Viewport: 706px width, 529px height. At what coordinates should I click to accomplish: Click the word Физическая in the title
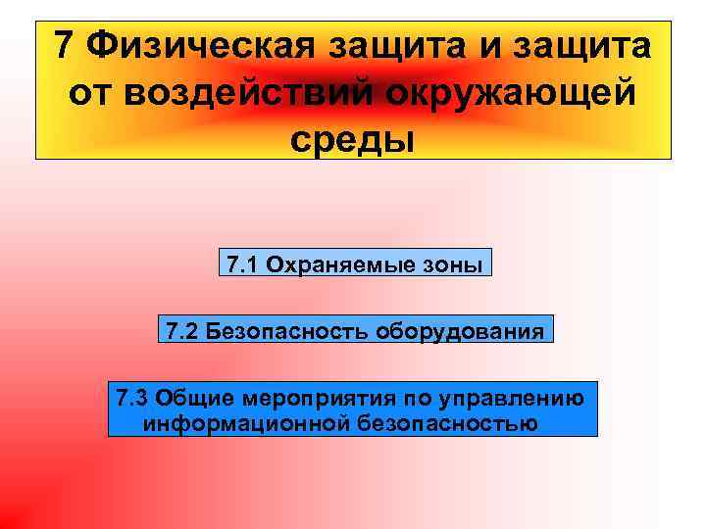click(x=191, y=45)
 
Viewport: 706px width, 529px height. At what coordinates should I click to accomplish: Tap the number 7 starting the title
click(x=64, y=45)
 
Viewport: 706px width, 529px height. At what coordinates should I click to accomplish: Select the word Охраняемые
click(x=345, y=264)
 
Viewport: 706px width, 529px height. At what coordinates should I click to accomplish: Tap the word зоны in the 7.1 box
click(x=454, y=264)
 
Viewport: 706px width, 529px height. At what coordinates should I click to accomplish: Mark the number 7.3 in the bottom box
click(x=130, y=398)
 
